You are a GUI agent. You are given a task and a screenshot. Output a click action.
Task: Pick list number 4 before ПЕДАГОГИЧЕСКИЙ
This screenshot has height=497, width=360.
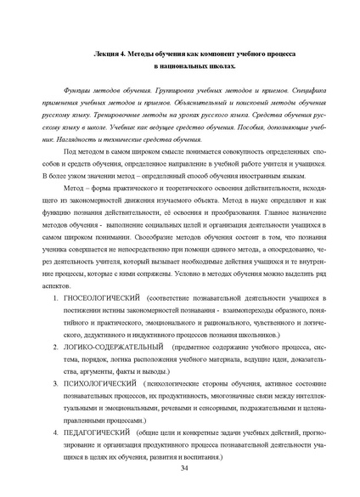[x=57, y=432]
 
